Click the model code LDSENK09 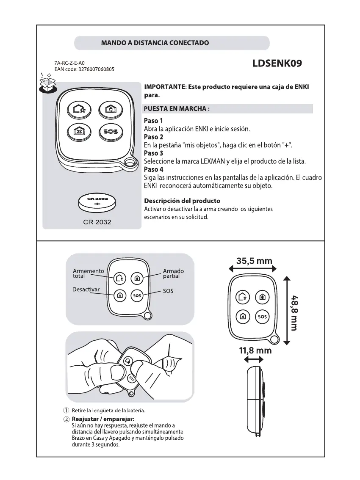(x=277, y=64)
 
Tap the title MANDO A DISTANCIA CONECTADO (x=155, y=43)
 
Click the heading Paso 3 (x=153, y=153)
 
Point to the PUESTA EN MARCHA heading (x=177, y=109)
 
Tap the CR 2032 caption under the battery (x=97, y=222)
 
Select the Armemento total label (x=88, y=273)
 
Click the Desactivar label (x=86, y=290)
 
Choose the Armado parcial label (x=173, y=273)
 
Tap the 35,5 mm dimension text (x=254, y=261)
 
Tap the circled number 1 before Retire (x=66, y=411)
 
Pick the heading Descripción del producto (x=182, y=201)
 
